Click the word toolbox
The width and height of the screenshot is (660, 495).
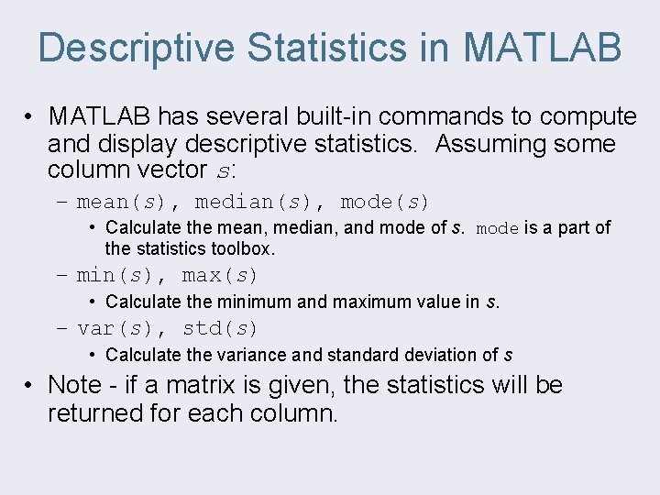(x=245, y=248)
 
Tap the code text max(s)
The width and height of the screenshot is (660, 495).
(x=220, y=275)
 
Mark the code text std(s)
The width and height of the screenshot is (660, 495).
(x=220, y=328)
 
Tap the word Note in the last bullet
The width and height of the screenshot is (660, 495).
(x=72, y=385)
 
